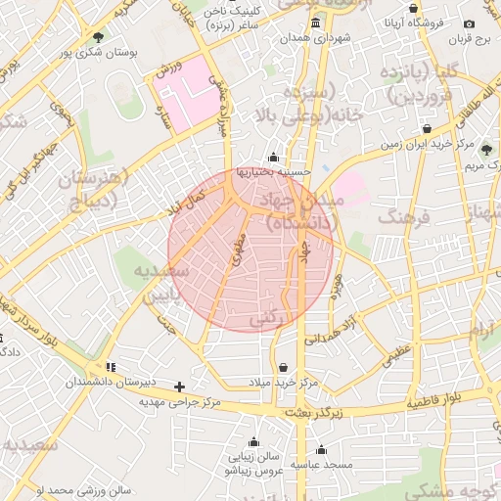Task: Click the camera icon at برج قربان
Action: pyautogui.click(x=469, y=24)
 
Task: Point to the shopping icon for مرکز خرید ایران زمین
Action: pyautogui.click(x=427, y=129)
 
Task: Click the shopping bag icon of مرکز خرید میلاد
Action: pyautogui.click(x=284, y=367)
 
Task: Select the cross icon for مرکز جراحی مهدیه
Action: pyautogui.click(x=178, y=387)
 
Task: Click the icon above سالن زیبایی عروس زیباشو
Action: pyautogui.click(x=253, y=441)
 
